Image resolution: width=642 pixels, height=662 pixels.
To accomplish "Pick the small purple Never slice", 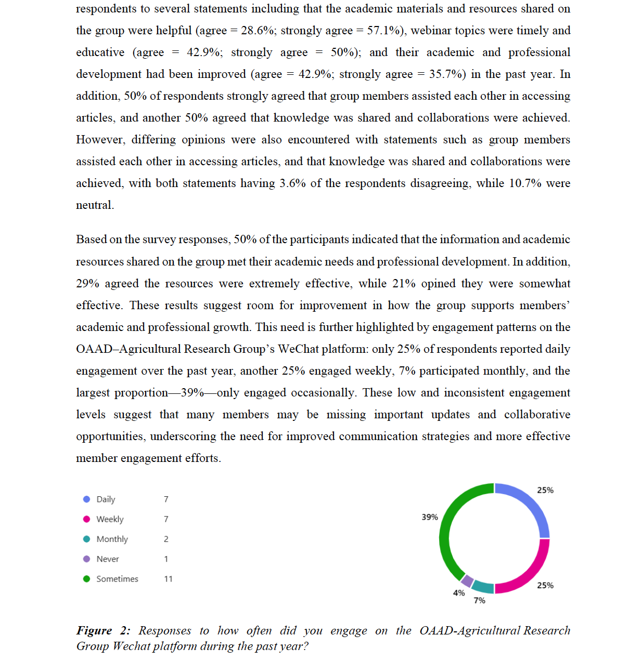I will [467, 581].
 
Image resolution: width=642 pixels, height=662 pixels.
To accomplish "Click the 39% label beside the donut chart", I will [430, 517].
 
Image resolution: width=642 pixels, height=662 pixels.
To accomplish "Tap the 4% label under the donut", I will [459, 593].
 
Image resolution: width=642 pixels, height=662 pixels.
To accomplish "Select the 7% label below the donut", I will [479, 601].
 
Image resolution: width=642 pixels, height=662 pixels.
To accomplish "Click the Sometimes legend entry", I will [117, 579].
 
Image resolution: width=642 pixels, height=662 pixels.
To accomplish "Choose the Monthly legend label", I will [112, 539].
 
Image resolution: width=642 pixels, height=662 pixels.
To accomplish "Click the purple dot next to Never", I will [87, 559].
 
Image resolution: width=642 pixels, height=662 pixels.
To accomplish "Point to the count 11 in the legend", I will [168, 579].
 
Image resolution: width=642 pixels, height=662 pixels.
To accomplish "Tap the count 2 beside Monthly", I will [166, 539].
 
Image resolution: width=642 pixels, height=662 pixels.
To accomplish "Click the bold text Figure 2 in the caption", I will [103, 630].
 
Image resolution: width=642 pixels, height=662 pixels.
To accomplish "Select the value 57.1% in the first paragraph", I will [384, 31].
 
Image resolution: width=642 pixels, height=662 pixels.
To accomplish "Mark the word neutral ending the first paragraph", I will [94, 205].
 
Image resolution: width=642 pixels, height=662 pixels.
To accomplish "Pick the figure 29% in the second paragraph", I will [87, 284].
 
